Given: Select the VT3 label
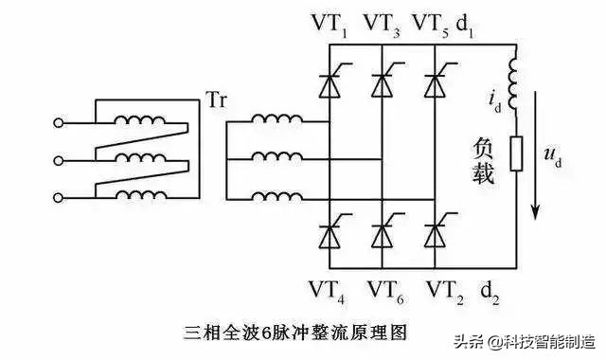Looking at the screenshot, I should coord(382,21).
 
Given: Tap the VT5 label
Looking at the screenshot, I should coord(435,21).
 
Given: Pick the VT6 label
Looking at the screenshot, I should coord(382,290).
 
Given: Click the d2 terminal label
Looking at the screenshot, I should coord(490,289).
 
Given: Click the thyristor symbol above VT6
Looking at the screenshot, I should coord(382,230).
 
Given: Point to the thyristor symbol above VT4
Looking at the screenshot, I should coord(327,230).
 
